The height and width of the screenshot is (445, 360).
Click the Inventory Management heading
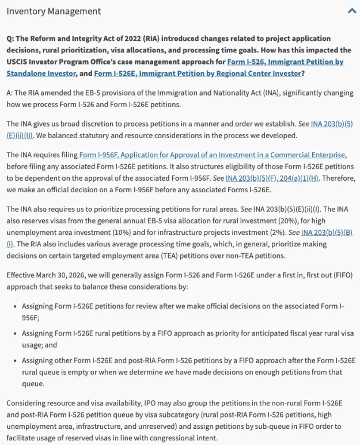coord(54,12)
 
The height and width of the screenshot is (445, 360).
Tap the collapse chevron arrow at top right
coord(352,11)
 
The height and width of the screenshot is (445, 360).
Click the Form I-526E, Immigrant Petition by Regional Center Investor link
coord(198,73)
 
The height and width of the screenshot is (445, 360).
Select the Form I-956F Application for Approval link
coord(212,155)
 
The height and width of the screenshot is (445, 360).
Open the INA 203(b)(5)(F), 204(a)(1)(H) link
coord(272,178)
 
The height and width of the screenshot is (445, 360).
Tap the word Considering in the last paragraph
coord(25,403)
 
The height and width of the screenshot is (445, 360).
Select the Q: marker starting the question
coord(10,39)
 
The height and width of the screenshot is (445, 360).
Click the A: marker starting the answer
coord(9,93)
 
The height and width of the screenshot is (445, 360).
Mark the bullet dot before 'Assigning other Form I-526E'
coord(15,360)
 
